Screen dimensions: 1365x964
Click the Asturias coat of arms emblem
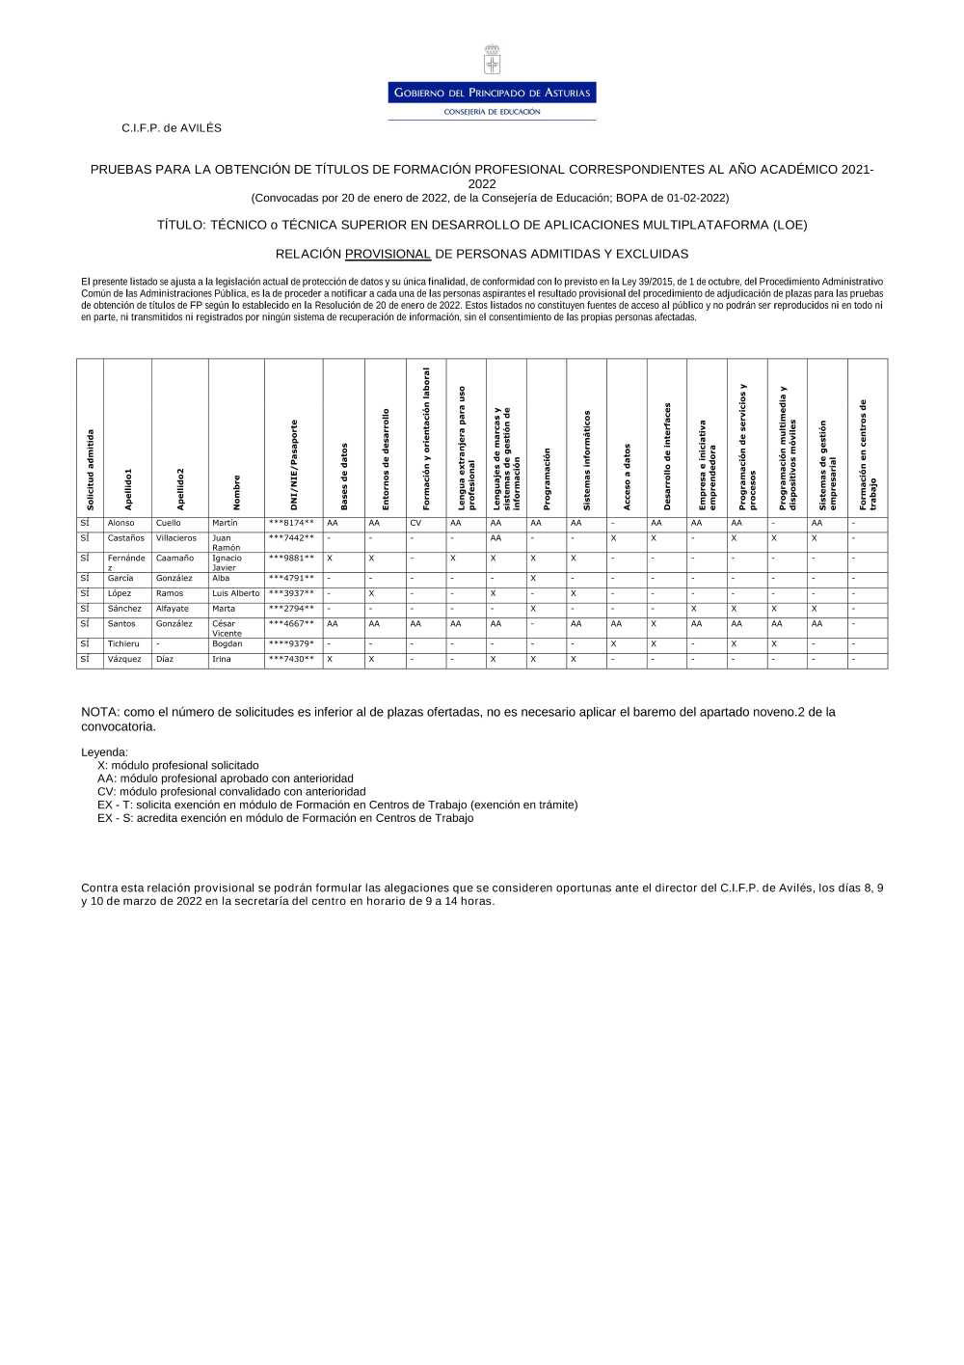tap(492, 60)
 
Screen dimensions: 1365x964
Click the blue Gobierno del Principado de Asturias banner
tap(492, 93)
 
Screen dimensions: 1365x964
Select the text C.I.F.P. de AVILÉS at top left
tap(172, 128)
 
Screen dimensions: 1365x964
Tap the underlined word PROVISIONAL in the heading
tap(388, 255)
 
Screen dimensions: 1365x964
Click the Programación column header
tap(547, 478)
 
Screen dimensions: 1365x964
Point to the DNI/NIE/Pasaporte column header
tap(294, 464)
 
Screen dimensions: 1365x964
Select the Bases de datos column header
tap(344, 477)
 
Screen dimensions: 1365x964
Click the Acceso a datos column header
tap(627, 477)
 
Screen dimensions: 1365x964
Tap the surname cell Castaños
tap(126, 538)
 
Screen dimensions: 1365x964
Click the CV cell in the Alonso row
tap(415, 523)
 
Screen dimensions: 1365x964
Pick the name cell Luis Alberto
tap(236, 593)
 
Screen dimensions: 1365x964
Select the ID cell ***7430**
tap(291, 660)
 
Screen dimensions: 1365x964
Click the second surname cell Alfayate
tap(173, 609)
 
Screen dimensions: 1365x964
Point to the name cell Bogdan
tap(228, 644)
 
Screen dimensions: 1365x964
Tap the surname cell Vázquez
tap(124, 660)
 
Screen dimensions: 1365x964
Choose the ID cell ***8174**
tap(291, 523)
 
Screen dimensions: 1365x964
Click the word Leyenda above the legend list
tap(104, 752)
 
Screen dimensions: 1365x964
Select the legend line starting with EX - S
tap(285, 818)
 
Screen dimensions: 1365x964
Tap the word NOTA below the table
tap(99, 712)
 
